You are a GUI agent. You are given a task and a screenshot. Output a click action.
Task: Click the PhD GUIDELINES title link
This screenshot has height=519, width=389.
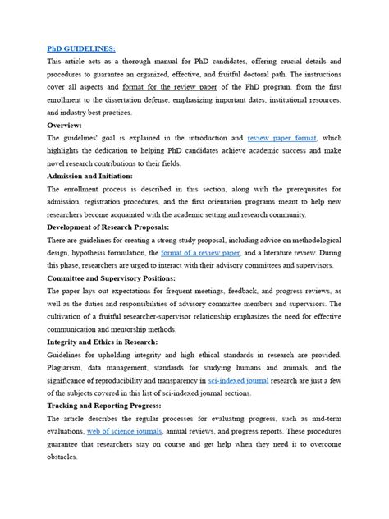click(x=81, y=48)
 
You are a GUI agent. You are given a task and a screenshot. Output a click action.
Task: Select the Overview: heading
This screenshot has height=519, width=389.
click(x=70, y=126)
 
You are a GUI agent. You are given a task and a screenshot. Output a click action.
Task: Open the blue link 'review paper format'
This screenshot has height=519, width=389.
click(x=282, y=139)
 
